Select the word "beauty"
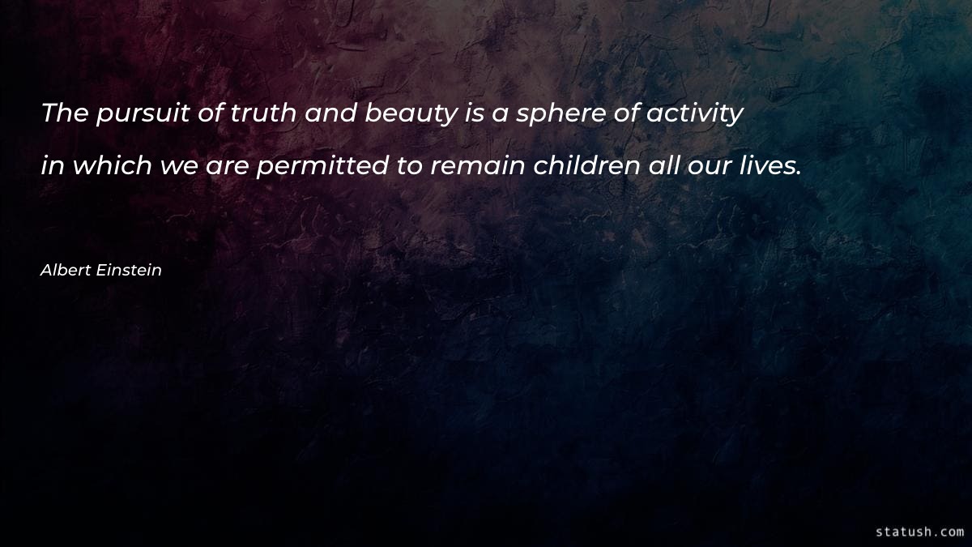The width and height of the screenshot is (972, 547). [x=411, y=115]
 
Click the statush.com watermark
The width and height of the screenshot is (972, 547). [x=919, y=532]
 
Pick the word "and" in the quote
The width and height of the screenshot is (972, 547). [x=330, y=113]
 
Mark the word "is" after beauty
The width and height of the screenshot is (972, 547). [x=475, y=113]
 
